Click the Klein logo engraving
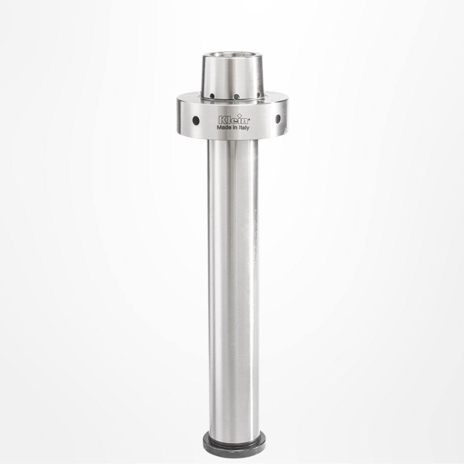(234, 120)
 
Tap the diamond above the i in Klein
(240, 116)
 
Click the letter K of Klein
(222, 120)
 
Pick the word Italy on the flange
(244, 128)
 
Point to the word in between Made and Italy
(235, 128)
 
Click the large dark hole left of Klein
(196, 120)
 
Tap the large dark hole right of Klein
(278, 119)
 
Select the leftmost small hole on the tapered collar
(212, 96)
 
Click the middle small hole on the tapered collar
(236, 97)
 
